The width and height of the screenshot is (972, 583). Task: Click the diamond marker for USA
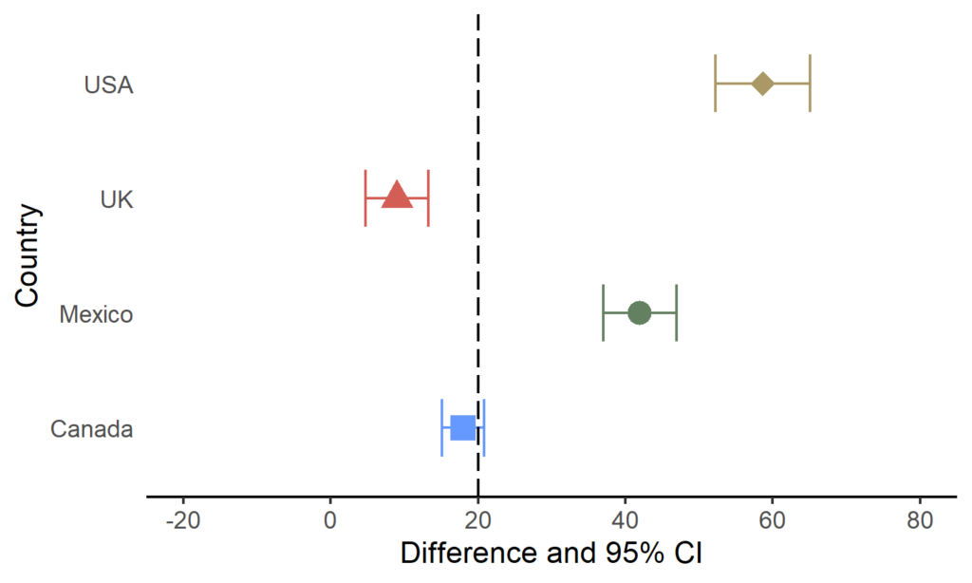click(x=762, y=84)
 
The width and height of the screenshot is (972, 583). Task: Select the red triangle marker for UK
click(x=397, y=197)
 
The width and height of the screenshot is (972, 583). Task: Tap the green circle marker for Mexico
click(x=639, y=312)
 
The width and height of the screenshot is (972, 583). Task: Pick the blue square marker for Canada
click(x=462, y=427)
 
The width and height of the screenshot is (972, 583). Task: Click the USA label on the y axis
click(x=108, y=85)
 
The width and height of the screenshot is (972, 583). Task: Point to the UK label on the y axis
click(x=117, y=199)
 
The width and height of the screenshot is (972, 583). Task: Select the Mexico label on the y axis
click(x=96, y=314)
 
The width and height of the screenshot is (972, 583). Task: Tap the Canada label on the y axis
click(x=91, y=429)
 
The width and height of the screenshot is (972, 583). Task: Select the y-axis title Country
click(x=28, y=255)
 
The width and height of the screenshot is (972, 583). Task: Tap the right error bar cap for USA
click(x=810, y=84)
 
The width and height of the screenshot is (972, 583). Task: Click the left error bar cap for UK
click(x=365, y=198)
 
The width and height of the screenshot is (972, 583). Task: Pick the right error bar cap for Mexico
click(x=676, y=312)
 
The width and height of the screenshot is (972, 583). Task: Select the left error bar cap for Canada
click(x=442, y=427)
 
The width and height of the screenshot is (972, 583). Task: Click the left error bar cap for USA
click(x=715, y=84)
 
